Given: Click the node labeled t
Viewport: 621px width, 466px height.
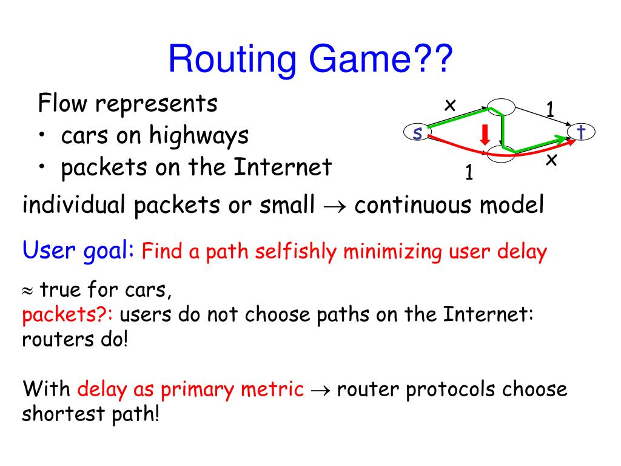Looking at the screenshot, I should coord(582,132).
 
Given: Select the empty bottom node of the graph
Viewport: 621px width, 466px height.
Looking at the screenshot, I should coord(503,153).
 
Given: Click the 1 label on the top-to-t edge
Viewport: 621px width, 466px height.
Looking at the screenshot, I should coord(550,110).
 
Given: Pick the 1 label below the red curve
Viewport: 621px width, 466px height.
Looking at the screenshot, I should coord(468,173).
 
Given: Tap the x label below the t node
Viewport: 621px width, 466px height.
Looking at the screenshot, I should coord(551,160).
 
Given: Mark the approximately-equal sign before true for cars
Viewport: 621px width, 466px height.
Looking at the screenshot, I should coord(29,291).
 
